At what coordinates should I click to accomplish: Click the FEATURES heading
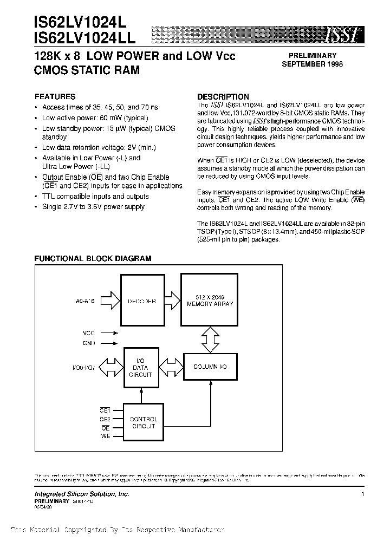coord(55,96)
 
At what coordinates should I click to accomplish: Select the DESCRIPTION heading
coord(223,96)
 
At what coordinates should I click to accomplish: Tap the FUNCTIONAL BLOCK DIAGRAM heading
coord(93,259)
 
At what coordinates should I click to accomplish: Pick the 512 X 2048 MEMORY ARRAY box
coord(210,301)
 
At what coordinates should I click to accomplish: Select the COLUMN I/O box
coord(210,367)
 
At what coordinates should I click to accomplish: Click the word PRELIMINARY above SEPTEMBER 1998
coord(312,55)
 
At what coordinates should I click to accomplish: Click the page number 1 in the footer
coord(362,494)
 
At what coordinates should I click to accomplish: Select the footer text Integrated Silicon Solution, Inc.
coord(82,494)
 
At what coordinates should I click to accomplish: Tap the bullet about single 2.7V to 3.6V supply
coord(93,206)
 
